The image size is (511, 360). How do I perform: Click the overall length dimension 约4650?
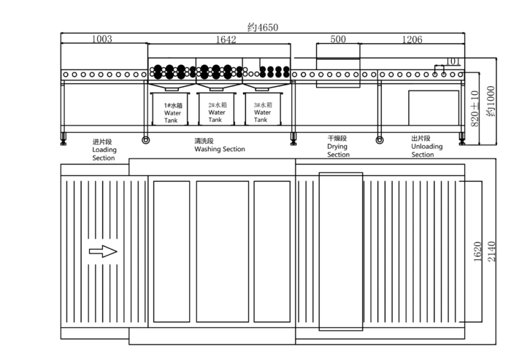(263, 27)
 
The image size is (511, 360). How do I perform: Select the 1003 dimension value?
(102, 39)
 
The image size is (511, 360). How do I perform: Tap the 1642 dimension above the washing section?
(226, 39)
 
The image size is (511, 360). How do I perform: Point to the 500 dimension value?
(338, 39)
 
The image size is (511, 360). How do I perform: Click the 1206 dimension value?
(412, 39)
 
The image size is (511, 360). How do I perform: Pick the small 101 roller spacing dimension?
(453, 61)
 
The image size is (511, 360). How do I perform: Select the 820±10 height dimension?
(474, 109)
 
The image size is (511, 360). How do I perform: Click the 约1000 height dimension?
(491, 101)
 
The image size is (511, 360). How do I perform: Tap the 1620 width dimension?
(477, 251)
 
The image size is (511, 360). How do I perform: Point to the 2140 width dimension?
(491, 251)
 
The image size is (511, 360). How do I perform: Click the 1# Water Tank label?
(173, 113)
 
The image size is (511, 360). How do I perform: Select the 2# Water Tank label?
(218, 112)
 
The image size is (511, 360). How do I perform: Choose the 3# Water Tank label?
(263, 112)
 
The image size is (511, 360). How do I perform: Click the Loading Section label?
(104, 150)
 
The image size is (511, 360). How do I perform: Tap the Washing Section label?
(220, 145)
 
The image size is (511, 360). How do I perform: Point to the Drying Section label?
(338, 147)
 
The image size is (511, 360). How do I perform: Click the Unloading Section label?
(427, 147)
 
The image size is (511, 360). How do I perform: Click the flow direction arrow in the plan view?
(103, 251)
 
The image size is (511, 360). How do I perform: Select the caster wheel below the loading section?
(146, 140)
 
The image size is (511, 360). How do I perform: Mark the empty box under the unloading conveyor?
(434, 108)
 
